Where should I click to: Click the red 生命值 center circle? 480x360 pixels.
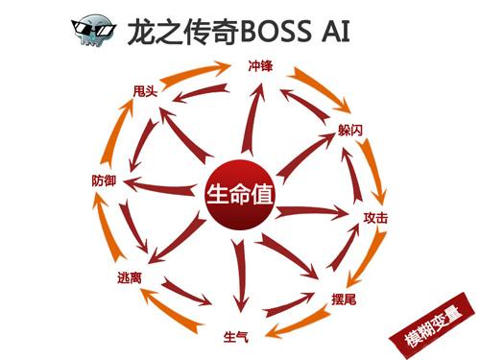click(x=240, y=192)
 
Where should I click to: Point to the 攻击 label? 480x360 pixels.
click(x=375, y=218)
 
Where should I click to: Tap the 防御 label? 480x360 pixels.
click(x=106, y=180)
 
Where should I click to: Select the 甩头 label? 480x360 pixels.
click(x=146, y=92)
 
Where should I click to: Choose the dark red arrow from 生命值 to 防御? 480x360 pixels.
click(x=163, y=185)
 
